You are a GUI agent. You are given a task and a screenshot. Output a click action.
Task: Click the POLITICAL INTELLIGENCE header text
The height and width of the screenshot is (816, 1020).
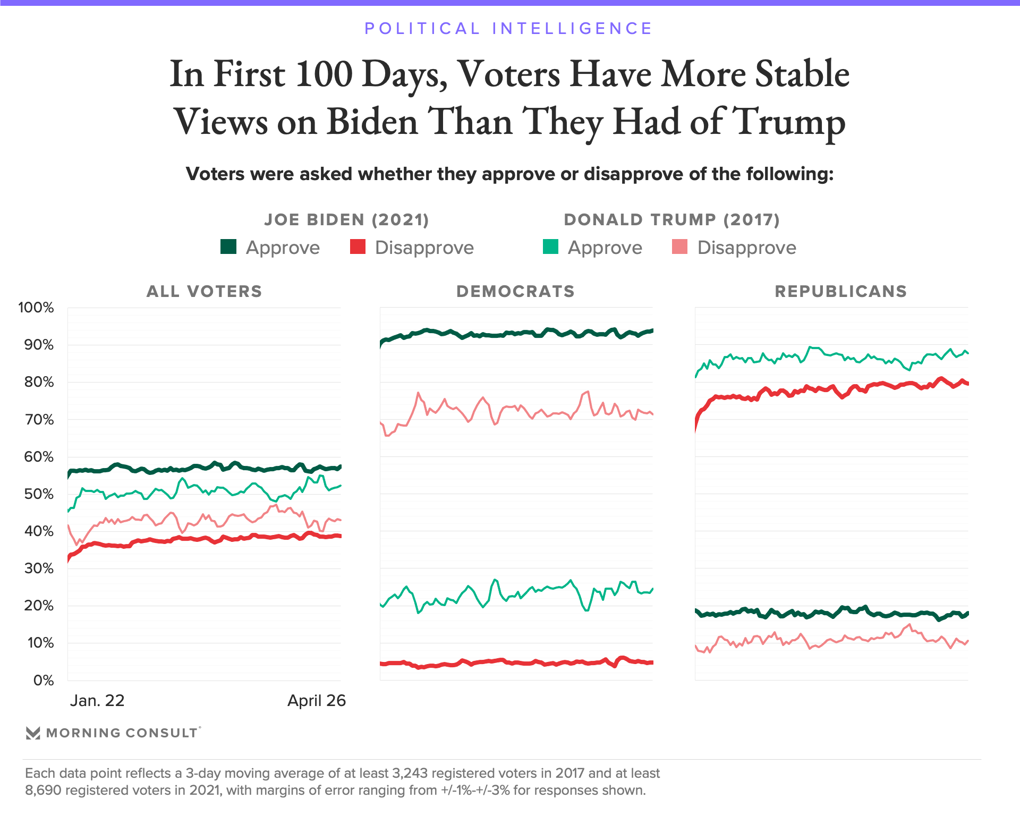[508, 28]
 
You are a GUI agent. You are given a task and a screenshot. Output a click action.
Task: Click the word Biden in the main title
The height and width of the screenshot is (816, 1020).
[372, 121]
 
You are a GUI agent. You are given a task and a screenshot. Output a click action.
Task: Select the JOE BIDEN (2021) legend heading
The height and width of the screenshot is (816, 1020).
[346, 219]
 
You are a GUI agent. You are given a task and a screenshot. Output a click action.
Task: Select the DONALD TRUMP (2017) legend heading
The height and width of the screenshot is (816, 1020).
[671, 219]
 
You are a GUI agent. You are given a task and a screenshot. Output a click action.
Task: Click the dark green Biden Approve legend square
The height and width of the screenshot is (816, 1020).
[228, 247]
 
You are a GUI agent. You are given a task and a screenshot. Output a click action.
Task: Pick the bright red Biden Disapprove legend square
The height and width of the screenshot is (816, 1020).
[358, 247]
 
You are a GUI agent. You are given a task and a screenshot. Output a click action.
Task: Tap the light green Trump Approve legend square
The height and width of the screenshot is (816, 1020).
[550, 247]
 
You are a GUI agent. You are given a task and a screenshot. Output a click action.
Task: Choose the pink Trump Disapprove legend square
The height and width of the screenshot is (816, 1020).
[679, 247]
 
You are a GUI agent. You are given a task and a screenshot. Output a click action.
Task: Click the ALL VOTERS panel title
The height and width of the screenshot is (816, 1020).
[205, 291]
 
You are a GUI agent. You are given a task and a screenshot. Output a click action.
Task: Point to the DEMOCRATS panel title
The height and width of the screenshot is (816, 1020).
[515, 291]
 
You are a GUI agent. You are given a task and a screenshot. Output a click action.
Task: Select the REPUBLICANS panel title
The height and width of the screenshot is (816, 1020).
[840, 291]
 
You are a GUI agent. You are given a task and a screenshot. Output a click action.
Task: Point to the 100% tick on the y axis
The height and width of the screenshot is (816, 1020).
[36, 308]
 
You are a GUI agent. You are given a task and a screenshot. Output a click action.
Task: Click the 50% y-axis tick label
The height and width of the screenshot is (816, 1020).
[39, 494]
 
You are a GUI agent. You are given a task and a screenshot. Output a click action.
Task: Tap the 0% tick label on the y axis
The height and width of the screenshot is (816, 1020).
[44, 681]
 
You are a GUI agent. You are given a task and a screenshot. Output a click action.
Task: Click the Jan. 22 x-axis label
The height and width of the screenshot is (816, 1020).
[97, 701]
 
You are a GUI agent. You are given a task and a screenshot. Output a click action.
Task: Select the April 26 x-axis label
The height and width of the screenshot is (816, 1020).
[317, 701]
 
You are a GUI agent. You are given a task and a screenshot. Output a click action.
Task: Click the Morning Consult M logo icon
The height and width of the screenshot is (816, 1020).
[33, 733]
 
